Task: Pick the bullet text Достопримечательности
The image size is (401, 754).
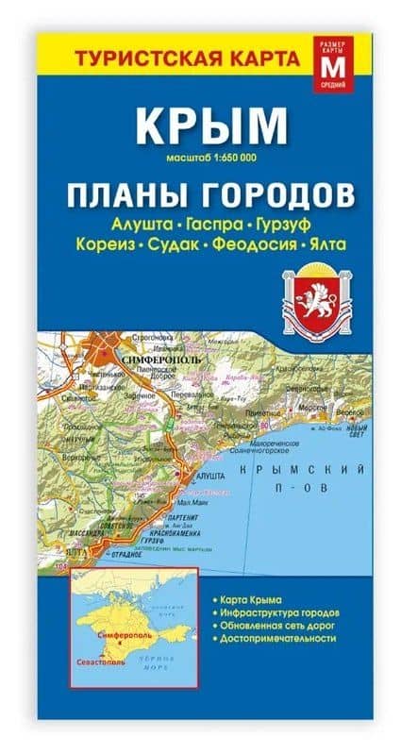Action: tap(279, 639)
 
